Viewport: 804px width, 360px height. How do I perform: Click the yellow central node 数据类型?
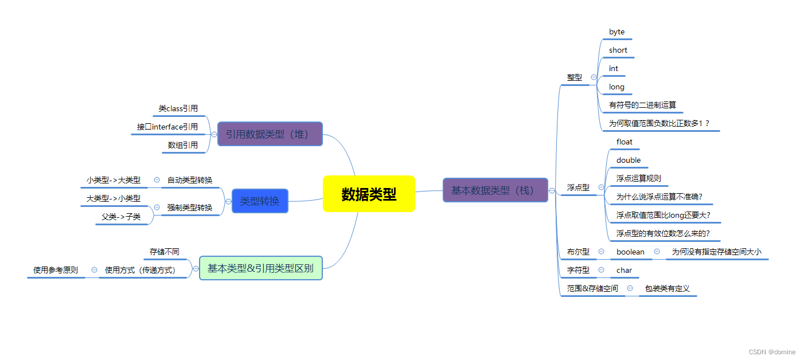click(369, 194)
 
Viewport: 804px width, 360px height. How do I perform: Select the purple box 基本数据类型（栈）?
click(495, 190)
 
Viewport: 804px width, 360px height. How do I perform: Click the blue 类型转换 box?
click(260, 201)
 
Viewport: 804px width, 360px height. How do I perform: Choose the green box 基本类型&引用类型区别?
click(260, 268)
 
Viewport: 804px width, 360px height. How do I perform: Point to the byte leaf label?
click(617, 32)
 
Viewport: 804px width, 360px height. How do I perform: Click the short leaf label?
click(618, 50)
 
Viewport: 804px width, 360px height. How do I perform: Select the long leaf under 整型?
click(617, 87)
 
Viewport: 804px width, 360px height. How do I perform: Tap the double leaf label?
click(629, 161)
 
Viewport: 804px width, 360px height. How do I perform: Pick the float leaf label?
click(625, 142)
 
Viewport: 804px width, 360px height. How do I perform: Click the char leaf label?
click(625, 271)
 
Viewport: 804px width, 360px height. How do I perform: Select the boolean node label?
click(630, 252)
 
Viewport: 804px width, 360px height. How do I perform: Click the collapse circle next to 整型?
click(594, 77)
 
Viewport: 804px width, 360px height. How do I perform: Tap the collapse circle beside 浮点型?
click(601, 187)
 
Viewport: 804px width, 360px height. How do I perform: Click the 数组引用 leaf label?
click(183, 146)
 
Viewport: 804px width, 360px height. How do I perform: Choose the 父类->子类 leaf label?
click(121, 217)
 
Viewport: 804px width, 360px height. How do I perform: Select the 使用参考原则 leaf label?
click(56, 270)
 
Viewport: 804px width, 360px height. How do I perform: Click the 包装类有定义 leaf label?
click(667, 289)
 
